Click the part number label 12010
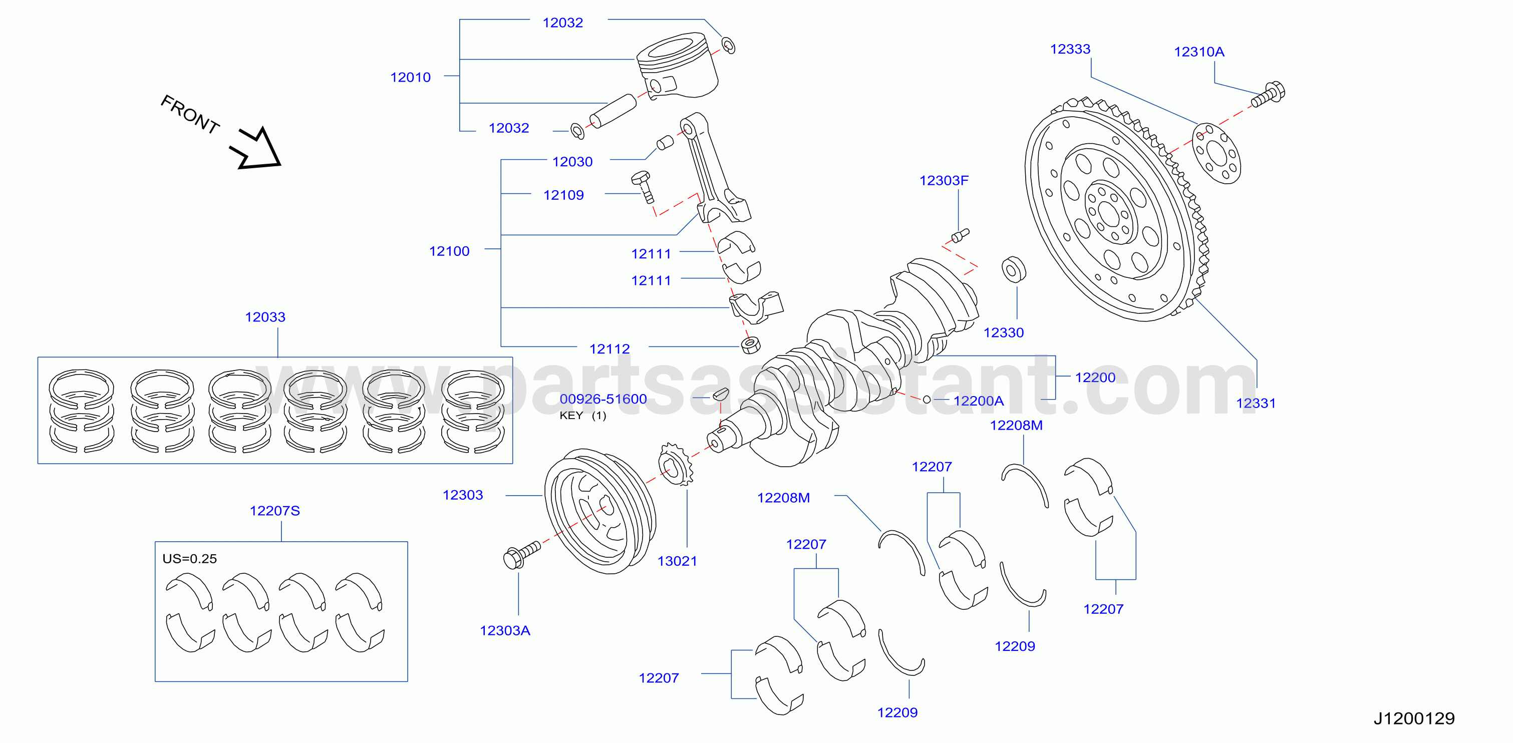(411, 77)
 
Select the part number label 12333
(1070, 49)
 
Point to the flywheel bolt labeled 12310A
(1268, 96)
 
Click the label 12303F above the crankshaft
(944, 180)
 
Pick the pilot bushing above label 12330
(1014, 269)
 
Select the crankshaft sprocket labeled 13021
(677, 465)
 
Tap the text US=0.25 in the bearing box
(190, 559)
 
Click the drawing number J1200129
(1414, 718)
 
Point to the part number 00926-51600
(603, 399)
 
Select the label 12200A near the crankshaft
(979, 401)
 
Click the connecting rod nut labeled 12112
(751, 345)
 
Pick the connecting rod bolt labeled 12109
(643, 186)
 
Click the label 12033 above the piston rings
(265, 317)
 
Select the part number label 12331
(1256, 403)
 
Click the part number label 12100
(449, 251)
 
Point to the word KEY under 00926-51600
(571, 415)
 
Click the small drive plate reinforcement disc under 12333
(1217, 153)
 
